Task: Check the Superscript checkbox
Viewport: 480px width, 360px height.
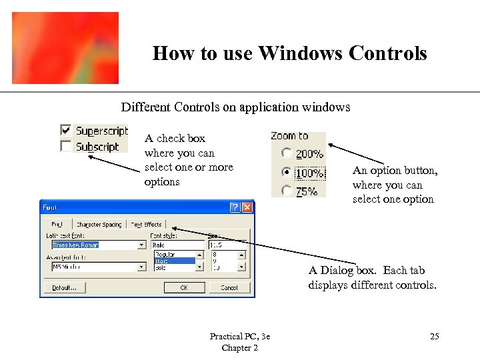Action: point(66,131)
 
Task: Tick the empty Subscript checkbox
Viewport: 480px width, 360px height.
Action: point(66,146)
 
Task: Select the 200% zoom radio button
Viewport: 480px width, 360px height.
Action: point(287,154)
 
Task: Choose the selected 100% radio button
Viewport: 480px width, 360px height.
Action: point(287,173)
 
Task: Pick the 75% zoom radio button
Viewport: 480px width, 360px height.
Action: point(287,191)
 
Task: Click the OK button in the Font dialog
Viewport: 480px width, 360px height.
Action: point(184,287)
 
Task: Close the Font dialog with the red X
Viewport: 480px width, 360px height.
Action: point(247,207)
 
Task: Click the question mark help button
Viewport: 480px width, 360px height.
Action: point(235,207)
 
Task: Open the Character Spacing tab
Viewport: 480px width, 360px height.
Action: point(99,225)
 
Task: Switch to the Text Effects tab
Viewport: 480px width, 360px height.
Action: point(146,225)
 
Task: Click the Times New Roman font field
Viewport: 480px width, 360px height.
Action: point(89,245)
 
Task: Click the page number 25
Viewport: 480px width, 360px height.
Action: point(434,337)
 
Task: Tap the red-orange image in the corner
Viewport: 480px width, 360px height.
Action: point(65,48)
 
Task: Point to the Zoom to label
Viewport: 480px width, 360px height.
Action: point(289,136)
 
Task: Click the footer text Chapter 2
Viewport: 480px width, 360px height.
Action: point(239,347)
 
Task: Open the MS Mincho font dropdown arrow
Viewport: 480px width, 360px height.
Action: point(142,267)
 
